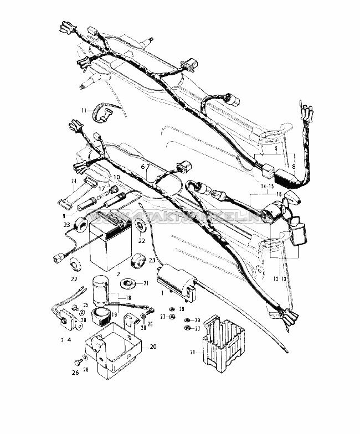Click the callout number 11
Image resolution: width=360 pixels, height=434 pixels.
(x=84, y=111)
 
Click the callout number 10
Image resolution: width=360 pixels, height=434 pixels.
(x=116, y=177)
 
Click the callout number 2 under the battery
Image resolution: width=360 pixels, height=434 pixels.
(x=119, y=273)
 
